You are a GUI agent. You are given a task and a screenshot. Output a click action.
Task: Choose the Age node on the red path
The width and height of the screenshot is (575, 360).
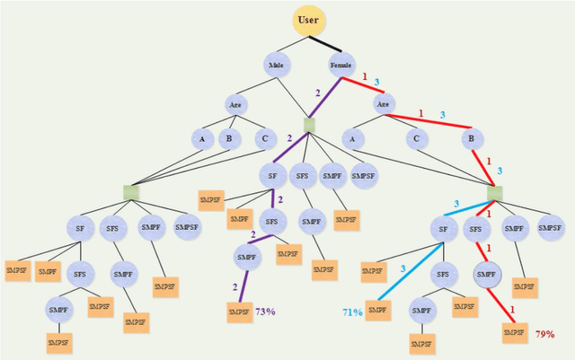pyautogui.click(x=384, y=104)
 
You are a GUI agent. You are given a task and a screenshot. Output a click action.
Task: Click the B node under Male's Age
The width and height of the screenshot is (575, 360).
pyautogui.click(x=229, y=139)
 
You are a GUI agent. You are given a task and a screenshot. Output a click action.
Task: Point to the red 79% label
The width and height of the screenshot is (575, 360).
pyautogui.click(x=544, y=335)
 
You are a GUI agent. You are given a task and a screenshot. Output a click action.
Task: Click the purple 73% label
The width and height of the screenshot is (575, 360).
pyautogui.click(x=265, y=312)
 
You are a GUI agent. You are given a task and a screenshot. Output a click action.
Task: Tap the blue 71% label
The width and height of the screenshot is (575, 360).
pyautogui.click(x=352, y=312)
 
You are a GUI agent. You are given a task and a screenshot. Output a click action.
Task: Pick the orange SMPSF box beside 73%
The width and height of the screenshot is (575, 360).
pyautogui.click(x=238, y=312)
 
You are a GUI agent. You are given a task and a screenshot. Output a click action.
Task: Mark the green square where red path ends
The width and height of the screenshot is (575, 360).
pyautogui.click(x=495, y=192)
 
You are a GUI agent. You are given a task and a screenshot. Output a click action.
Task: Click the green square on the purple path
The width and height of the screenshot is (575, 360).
pyautogui.click(x=308, y=125)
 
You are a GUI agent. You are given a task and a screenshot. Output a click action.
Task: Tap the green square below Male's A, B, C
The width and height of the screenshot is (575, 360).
pyautogui.click(x=130, y=192)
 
